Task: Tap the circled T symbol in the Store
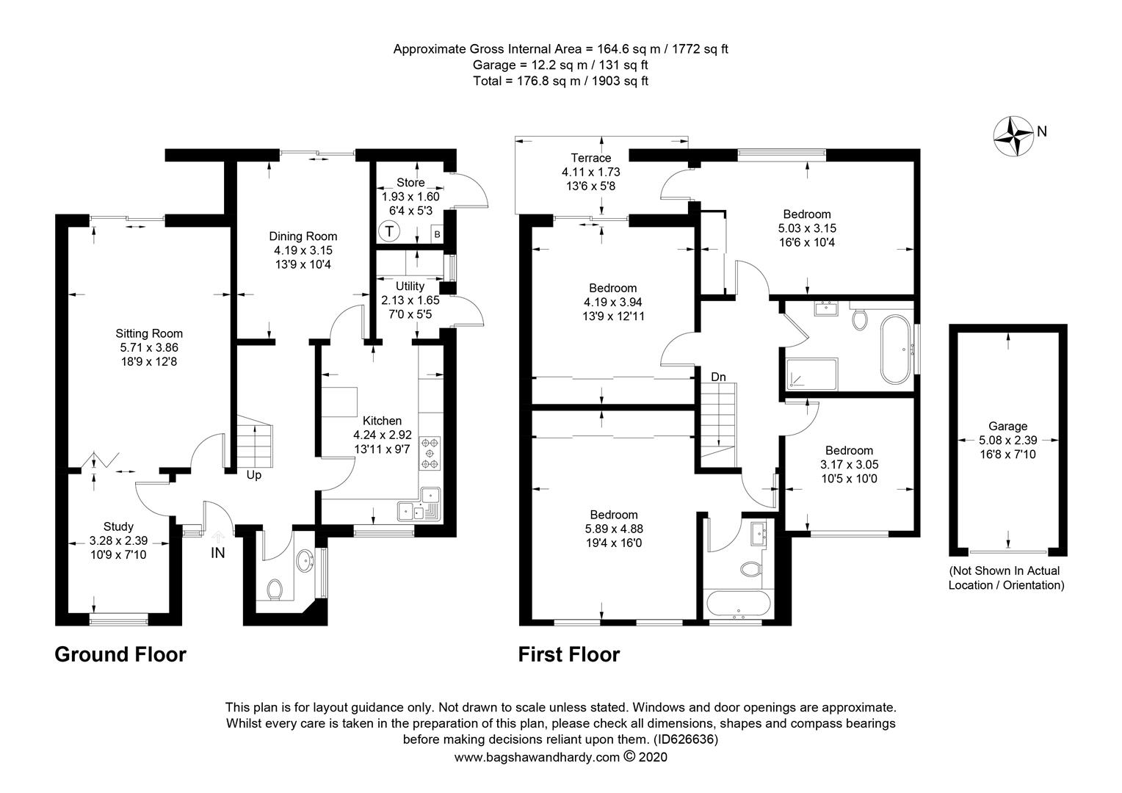click(388, 232)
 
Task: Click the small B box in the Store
click(437, 234)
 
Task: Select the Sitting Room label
click(149, 333)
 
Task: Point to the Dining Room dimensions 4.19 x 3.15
click(303, 250)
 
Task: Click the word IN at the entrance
click(218, 553)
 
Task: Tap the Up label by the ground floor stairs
click(253, 475)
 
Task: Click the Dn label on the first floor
click(717, 377)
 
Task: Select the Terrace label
click(591, 158)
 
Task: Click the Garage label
click(1007, 426)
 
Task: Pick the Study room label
click(118, 526)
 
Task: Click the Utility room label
click(410, 286)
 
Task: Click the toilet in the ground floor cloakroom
click(275, 589)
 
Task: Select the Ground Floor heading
click(120, 654)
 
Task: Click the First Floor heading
click(569, 654)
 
